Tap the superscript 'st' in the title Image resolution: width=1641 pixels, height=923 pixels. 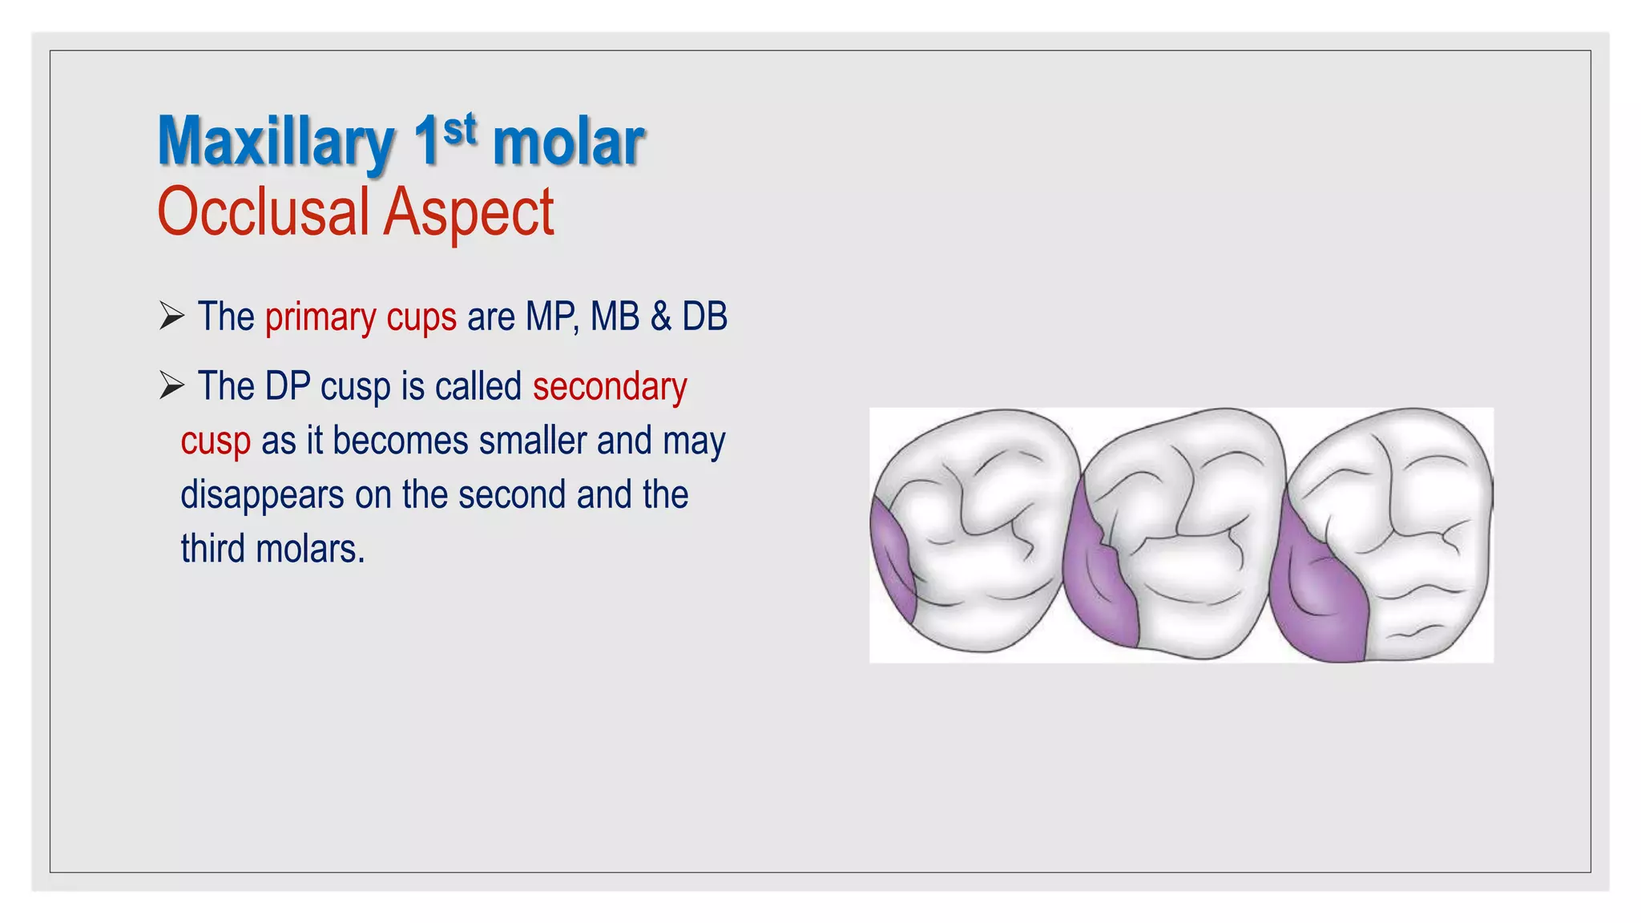click(x=459, y=130)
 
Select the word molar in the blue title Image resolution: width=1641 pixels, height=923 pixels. click(x=567, y=143)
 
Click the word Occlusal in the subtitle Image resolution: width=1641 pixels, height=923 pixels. click(x=263, y=212)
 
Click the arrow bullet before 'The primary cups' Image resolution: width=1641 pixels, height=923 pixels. click(x=171, y=316)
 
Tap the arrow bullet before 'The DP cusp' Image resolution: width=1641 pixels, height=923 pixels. click(x=171, y=385)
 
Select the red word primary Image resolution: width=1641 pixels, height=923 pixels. click(x=321, y=317)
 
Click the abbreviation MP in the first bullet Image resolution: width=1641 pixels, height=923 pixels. click(x=550, y=316)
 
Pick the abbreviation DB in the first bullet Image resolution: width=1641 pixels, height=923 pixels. click(x=704, y=316)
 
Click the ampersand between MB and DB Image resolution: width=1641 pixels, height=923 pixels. click(x=660, y=316)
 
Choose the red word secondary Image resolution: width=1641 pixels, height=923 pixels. click(x=610, y=387)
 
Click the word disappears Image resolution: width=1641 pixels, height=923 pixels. click(x=262, y=495)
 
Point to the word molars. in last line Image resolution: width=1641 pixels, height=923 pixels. click(x=310, y=550)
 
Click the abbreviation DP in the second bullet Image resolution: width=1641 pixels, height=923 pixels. click(x=288, y=387)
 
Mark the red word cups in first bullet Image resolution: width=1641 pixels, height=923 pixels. click(x=421, y=317)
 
